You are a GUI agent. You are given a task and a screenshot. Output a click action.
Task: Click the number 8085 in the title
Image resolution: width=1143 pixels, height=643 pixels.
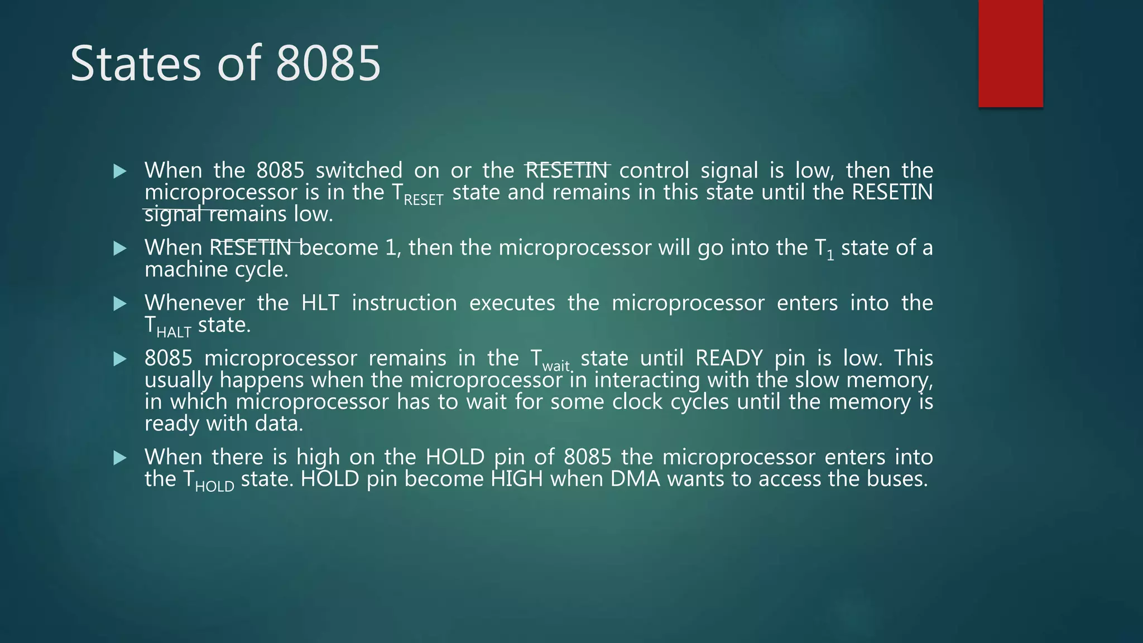click(328, 63)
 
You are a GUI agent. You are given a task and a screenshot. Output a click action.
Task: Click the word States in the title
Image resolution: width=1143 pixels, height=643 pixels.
click(136, 63)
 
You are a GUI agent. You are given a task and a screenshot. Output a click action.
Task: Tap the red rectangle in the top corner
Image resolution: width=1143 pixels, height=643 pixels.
click(1010, 53)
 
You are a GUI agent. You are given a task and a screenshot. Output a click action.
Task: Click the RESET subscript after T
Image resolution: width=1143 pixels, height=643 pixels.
click(423, 200)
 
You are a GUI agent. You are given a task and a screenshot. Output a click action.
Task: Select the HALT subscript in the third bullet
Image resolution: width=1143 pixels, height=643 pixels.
click(174, 333)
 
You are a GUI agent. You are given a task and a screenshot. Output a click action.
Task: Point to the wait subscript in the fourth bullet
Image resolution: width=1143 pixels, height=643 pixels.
click(556, 366)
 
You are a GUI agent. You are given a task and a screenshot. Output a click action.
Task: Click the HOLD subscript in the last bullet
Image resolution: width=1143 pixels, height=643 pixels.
click(214, 487)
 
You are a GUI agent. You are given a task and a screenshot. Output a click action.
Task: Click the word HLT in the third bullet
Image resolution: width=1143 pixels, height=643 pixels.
click(320, 303)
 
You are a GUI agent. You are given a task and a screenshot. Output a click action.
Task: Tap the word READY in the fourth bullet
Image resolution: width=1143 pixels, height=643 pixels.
click(728, 358)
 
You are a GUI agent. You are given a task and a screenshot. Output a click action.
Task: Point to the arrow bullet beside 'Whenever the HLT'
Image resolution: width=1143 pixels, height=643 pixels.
click(120, 304)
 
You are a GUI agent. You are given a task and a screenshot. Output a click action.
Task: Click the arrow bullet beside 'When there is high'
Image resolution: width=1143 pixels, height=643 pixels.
click(120, 458)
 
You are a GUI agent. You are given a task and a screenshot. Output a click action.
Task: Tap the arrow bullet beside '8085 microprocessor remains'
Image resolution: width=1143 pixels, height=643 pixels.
click(120, 359)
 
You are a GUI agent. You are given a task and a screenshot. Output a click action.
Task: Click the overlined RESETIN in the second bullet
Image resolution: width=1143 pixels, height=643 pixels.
click(251, 248)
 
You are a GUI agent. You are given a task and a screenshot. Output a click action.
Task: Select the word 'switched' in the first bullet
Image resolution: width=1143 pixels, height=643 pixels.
click(359, 170)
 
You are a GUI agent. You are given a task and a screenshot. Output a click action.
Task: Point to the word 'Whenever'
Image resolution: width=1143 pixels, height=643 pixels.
click(194, 303)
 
